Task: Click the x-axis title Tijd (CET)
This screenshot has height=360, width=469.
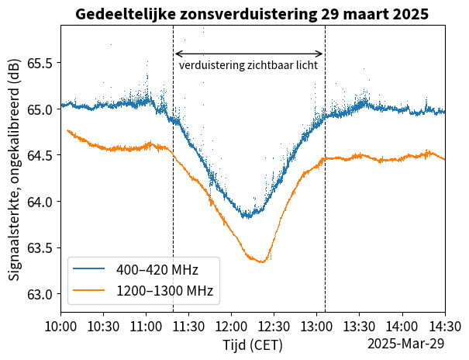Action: (253, 344)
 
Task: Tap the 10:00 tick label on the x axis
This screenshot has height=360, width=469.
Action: (61, 326)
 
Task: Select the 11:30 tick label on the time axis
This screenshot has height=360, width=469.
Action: (189, 326)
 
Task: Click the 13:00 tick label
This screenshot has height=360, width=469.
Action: (317, 326)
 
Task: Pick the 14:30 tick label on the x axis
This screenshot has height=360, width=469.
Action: (445, 326)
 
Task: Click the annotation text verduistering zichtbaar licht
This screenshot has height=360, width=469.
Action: (248, 66)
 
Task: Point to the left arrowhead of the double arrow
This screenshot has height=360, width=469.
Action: (176, 54)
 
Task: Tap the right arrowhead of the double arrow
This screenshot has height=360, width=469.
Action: (322, 54)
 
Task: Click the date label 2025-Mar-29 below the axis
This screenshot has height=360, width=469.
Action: (405, 344)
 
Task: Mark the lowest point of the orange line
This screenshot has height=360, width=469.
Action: (261, 262)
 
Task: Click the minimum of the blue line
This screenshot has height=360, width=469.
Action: (247, 216)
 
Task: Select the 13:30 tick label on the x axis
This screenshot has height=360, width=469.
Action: (360, 326)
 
